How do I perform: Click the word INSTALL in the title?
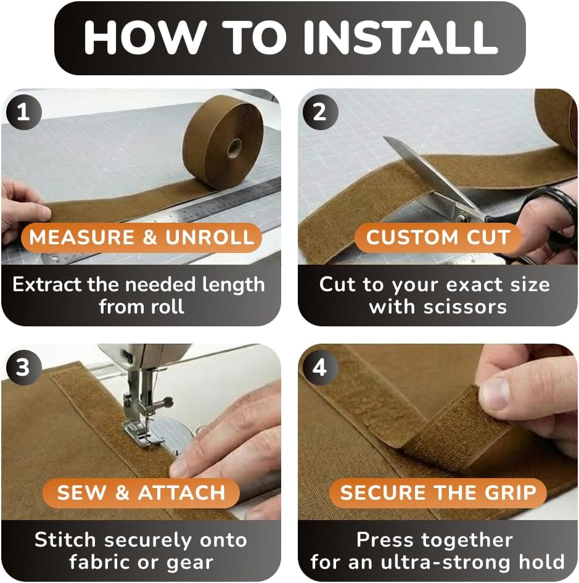pos(401,37)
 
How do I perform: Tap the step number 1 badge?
pos(23,112)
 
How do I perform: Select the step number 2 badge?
pos(319,112)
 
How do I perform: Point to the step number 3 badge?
pos(23,367)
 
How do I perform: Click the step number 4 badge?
pos(319,367)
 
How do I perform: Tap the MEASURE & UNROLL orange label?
pos(141,238)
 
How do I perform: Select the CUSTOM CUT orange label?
pos(438,238)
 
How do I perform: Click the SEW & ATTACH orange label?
pos(141,493)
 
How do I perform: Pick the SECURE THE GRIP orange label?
pos(438,493)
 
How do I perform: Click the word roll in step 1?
pos(168,307)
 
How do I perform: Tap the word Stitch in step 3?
pos(65,539)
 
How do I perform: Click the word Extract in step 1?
pos(47,284)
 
